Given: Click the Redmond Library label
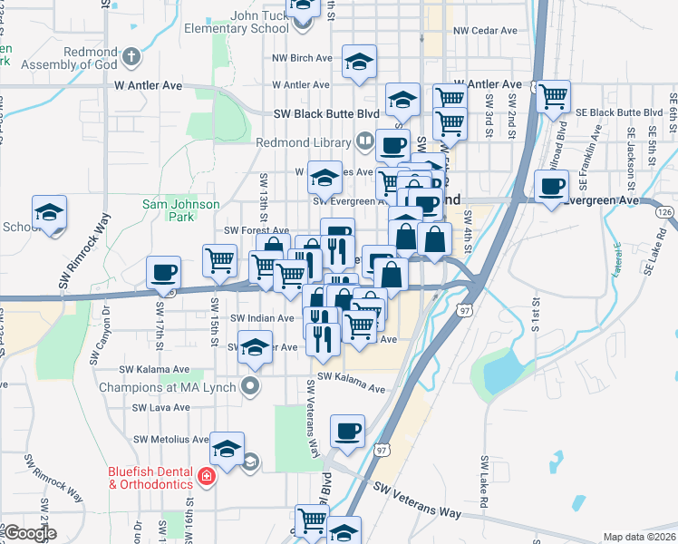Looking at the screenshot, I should pos(304,142).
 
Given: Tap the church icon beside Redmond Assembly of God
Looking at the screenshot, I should pos(131,57).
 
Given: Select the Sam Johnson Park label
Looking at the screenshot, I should pos(169,210).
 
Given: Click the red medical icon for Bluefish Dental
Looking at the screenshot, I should pos(207,477).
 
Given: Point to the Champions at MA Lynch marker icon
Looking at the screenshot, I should pos(251,387).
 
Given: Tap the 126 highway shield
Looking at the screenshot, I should pos(665,211).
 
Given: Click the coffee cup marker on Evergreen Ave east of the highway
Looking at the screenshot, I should pos(552,187).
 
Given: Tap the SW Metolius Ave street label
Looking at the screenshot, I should pos(172,440).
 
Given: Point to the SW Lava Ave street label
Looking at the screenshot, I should pos(161,407).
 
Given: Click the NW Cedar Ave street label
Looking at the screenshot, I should pos(486,30).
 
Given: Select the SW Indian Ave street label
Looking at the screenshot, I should pos(262,318).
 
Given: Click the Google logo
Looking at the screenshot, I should pos(29,533).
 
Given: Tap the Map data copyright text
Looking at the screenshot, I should pos(640,537).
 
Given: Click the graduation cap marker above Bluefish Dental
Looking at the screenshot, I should pos(228,448).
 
